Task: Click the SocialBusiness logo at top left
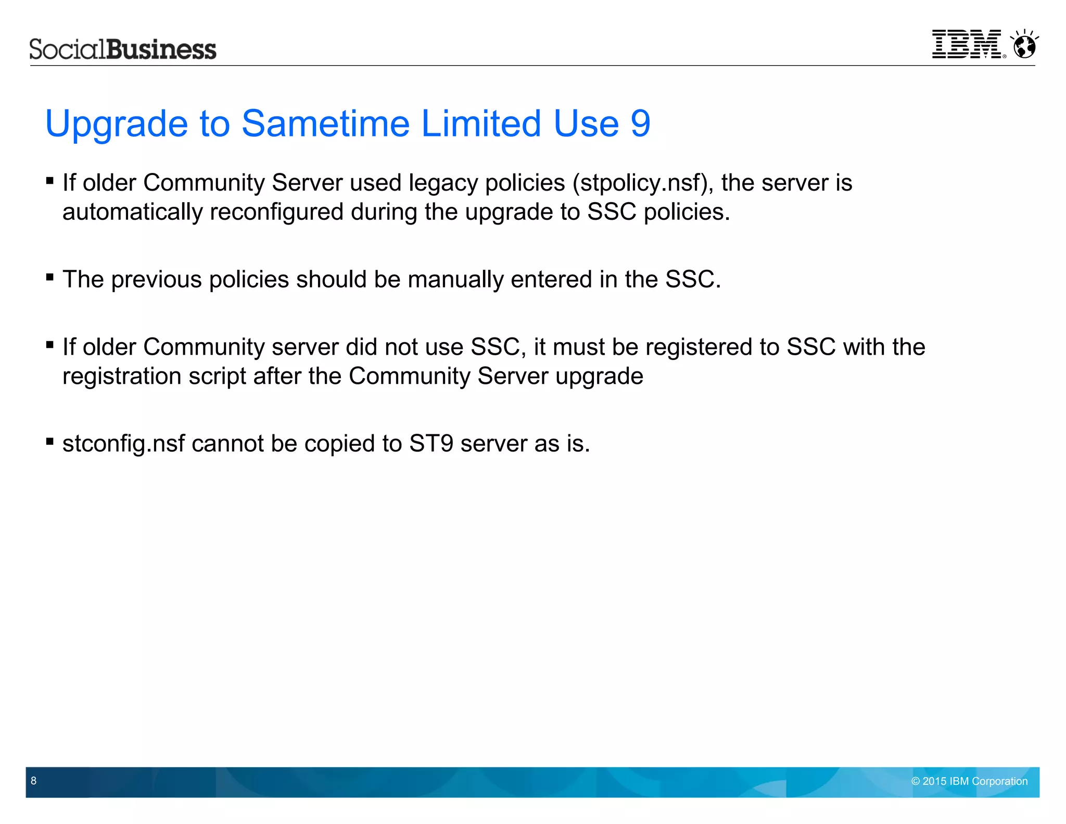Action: click(122, 49)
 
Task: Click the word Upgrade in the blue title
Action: click(116, 124)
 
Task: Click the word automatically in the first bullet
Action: click(132, 213)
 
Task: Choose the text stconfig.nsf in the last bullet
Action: click(123, 444)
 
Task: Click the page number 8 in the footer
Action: click(34, 780)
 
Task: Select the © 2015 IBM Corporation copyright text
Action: click(969, 781)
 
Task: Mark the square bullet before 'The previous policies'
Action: click(50, 277)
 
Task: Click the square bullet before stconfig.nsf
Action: click(50, 442)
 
